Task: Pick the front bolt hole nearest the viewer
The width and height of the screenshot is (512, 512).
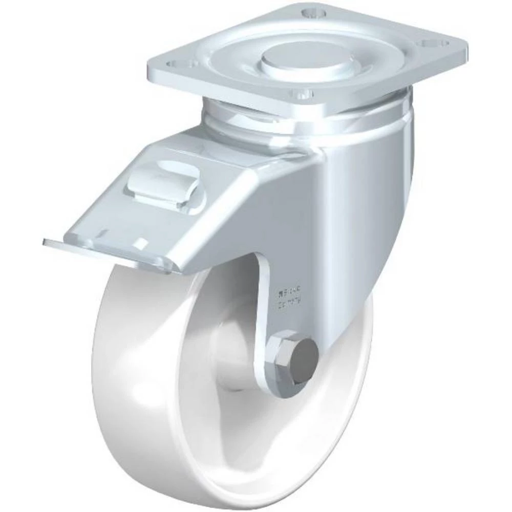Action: [302, 94]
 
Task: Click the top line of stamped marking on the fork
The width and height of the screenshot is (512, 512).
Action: [290, 295]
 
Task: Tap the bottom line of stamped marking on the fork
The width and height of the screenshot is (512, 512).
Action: [290, 306]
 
